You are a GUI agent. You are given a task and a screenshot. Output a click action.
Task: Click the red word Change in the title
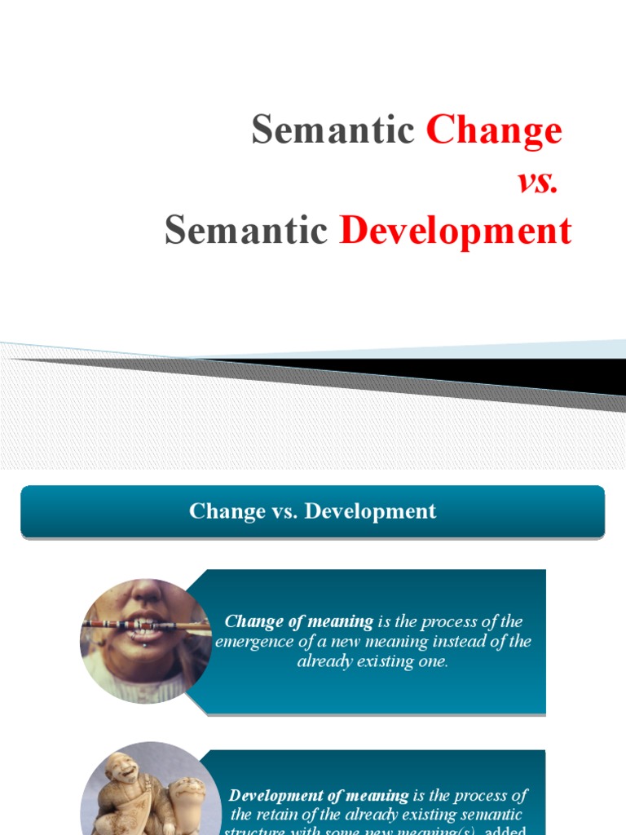pos(494,130)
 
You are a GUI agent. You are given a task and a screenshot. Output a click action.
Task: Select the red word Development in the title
pos(456,232)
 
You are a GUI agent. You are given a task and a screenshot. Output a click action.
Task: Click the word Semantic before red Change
pos(333,130)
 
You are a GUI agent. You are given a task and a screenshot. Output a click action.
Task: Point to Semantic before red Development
pos(245,232)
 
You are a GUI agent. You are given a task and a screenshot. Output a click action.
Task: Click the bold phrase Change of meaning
pos(298,622)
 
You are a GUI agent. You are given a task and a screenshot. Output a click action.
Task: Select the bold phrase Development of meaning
pos(319,795)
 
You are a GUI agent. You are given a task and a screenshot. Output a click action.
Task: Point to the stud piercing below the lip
pos(144,646)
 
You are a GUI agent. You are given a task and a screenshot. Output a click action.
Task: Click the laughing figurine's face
pos(123,769)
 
